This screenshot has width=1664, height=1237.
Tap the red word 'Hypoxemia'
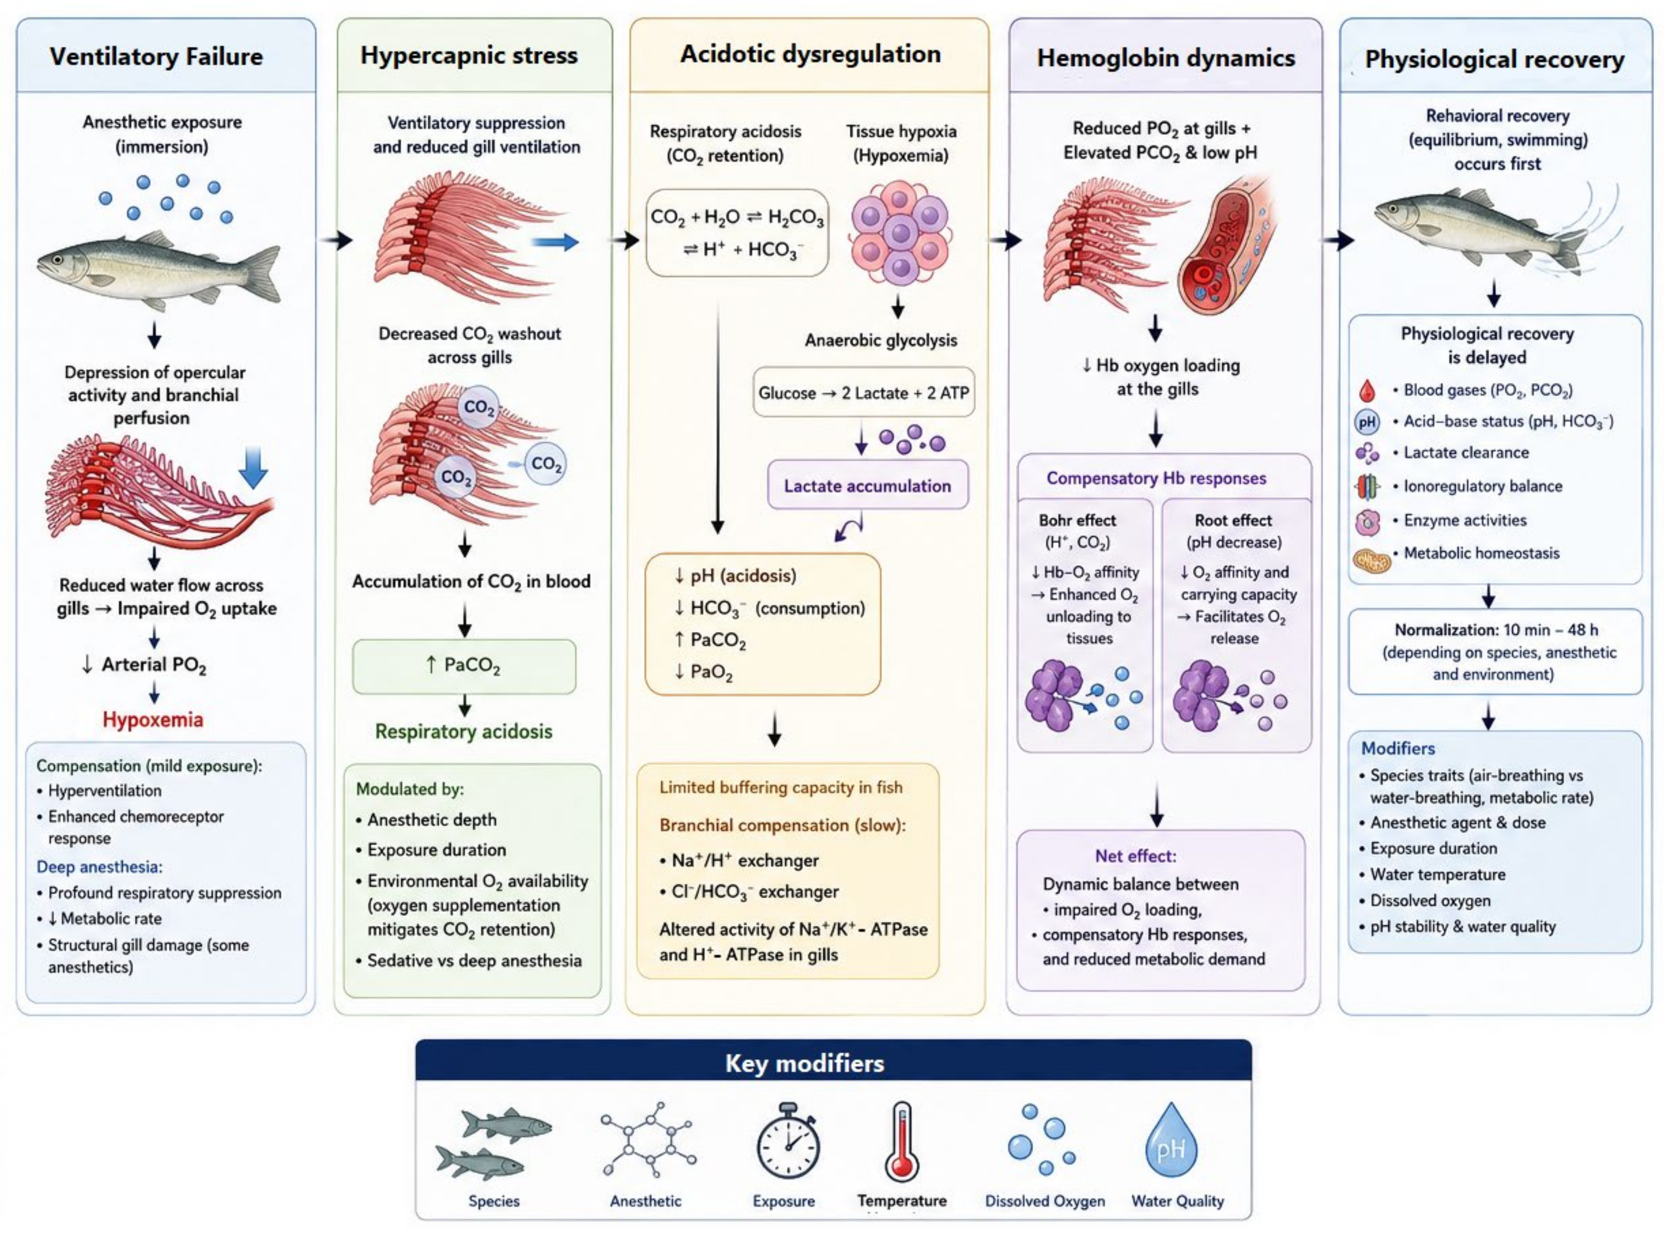click(x=153, y=719)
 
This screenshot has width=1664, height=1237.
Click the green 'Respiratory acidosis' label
click(x=464, y=732)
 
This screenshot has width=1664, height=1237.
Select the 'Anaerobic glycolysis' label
click(x=881, y=341)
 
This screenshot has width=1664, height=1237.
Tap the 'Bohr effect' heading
click(x=1078, y=520)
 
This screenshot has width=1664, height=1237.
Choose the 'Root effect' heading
click(x=1233, y=520)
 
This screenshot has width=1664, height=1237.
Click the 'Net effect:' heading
click(x=1136, y=856)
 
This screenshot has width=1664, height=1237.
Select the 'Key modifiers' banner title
click(x=805, y=1063)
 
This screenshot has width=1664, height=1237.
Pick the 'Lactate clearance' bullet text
click(x=1466, y=452)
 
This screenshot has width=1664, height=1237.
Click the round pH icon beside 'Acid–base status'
click(x=1367, y=421)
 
